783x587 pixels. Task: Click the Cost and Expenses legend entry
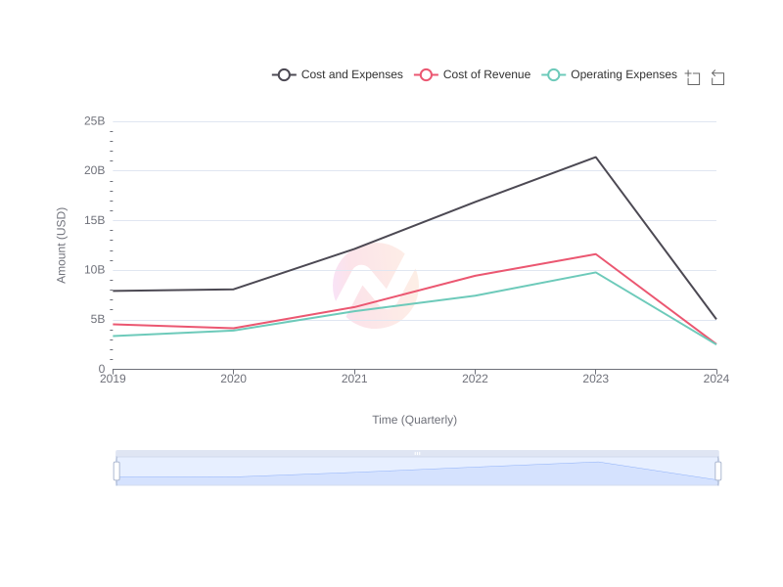pyautogui.click(x=338, y=74)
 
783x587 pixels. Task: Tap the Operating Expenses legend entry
pyautogui.click(x=610, y=74)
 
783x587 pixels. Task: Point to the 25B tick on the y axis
pyautogui.click(x=94, y=121)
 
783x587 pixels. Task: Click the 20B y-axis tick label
pyautogui.click(x=94, y=170)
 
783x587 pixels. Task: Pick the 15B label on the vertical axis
pyautogui.click(x=94, y=220)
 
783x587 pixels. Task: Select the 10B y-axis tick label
pyautogui.click(x=94, y=270)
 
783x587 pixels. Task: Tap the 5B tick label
pyautogui.click(x=98, y=319)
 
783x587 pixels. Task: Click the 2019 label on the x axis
pyautogui.click(x=113, y=379)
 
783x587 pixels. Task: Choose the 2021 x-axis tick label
pyautogui.click(x=354, y=379)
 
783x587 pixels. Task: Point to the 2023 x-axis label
pyautogui.click(x=596, y=379)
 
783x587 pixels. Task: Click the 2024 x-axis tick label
pyautogui.click(x=716, y=379)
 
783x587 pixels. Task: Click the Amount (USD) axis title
pyautogui.click(x=61, y=246)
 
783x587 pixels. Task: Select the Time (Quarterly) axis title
pyautogui.click(x=414, y=420)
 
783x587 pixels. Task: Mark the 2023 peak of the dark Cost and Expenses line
pyautogui.click(x=596, y=158)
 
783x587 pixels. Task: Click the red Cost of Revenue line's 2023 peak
pyautogui.click(x=596, y=254)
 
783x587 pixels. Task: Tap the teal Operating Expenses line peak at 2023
pyautogui.click(x=596, y=272)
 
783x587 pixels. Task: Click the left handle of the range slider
pyautogui.click(x=116, y=471)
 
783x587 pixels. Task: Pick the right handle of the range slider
pyautogui.click(x=718, y=471)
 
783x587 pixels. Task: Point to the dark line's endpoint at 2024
pyautogui.click(x=716, y=319)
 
